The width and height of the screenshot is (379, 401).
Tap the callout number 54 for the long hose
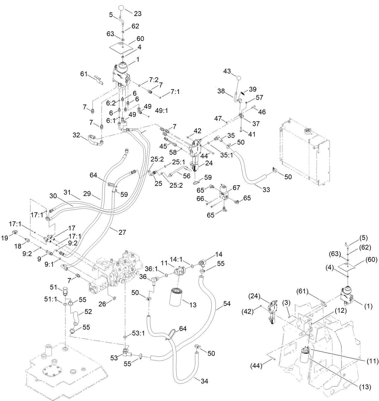tap(227, 304)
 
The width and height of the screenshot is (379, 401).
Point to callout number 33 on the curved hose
tap(266, 190)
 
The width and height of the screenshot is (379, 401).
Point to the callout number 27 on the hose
tap(122, 232)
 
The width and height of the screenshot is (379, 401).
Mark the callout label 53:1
tap(138, 334)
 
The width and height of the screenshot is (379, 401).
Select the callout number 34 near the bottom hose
tap(204, 381)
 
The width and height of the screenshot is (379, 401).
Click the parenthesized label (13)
tap(365, 387)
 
